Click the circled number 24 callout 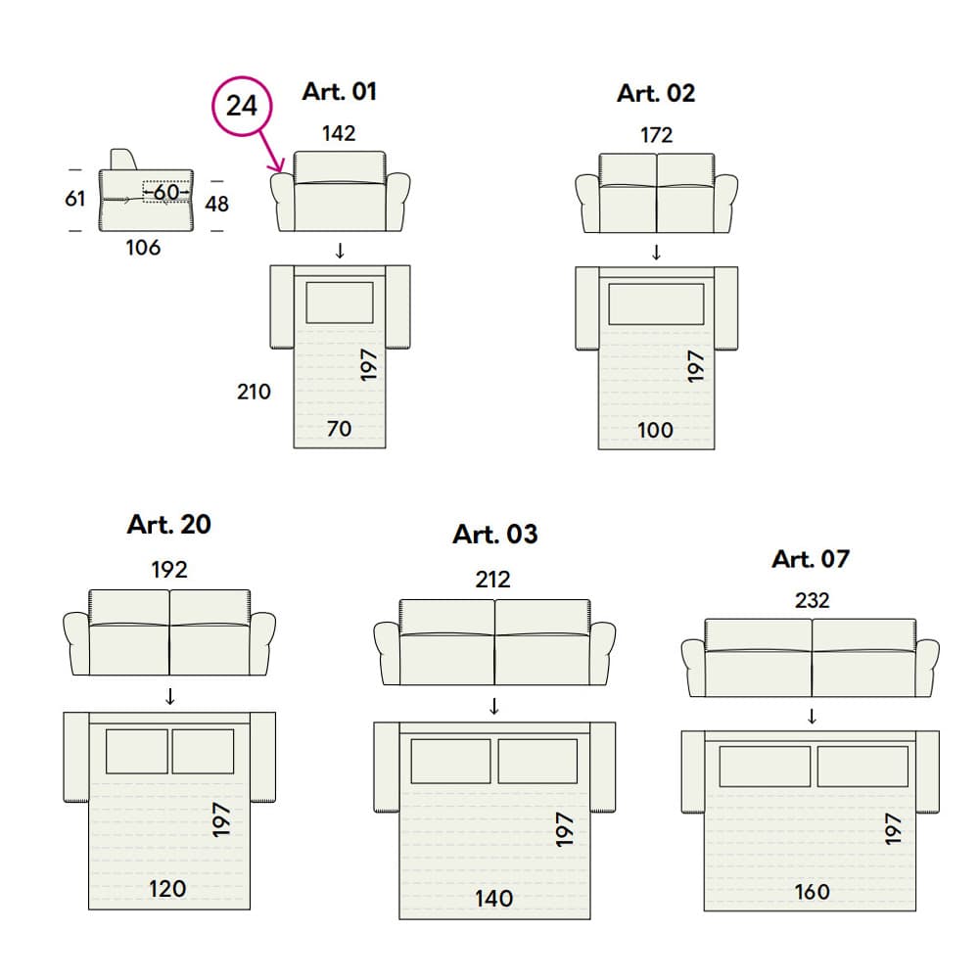242,106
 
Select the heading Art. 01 340,92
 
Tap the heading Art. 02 656,94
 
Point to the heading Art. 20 169,525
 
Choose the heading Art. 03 495,535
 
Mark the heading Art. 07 811,559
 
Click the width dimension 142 339,133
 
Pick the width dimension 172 656,135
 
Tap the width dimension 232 812,601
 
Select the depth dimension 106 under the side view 143,248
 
